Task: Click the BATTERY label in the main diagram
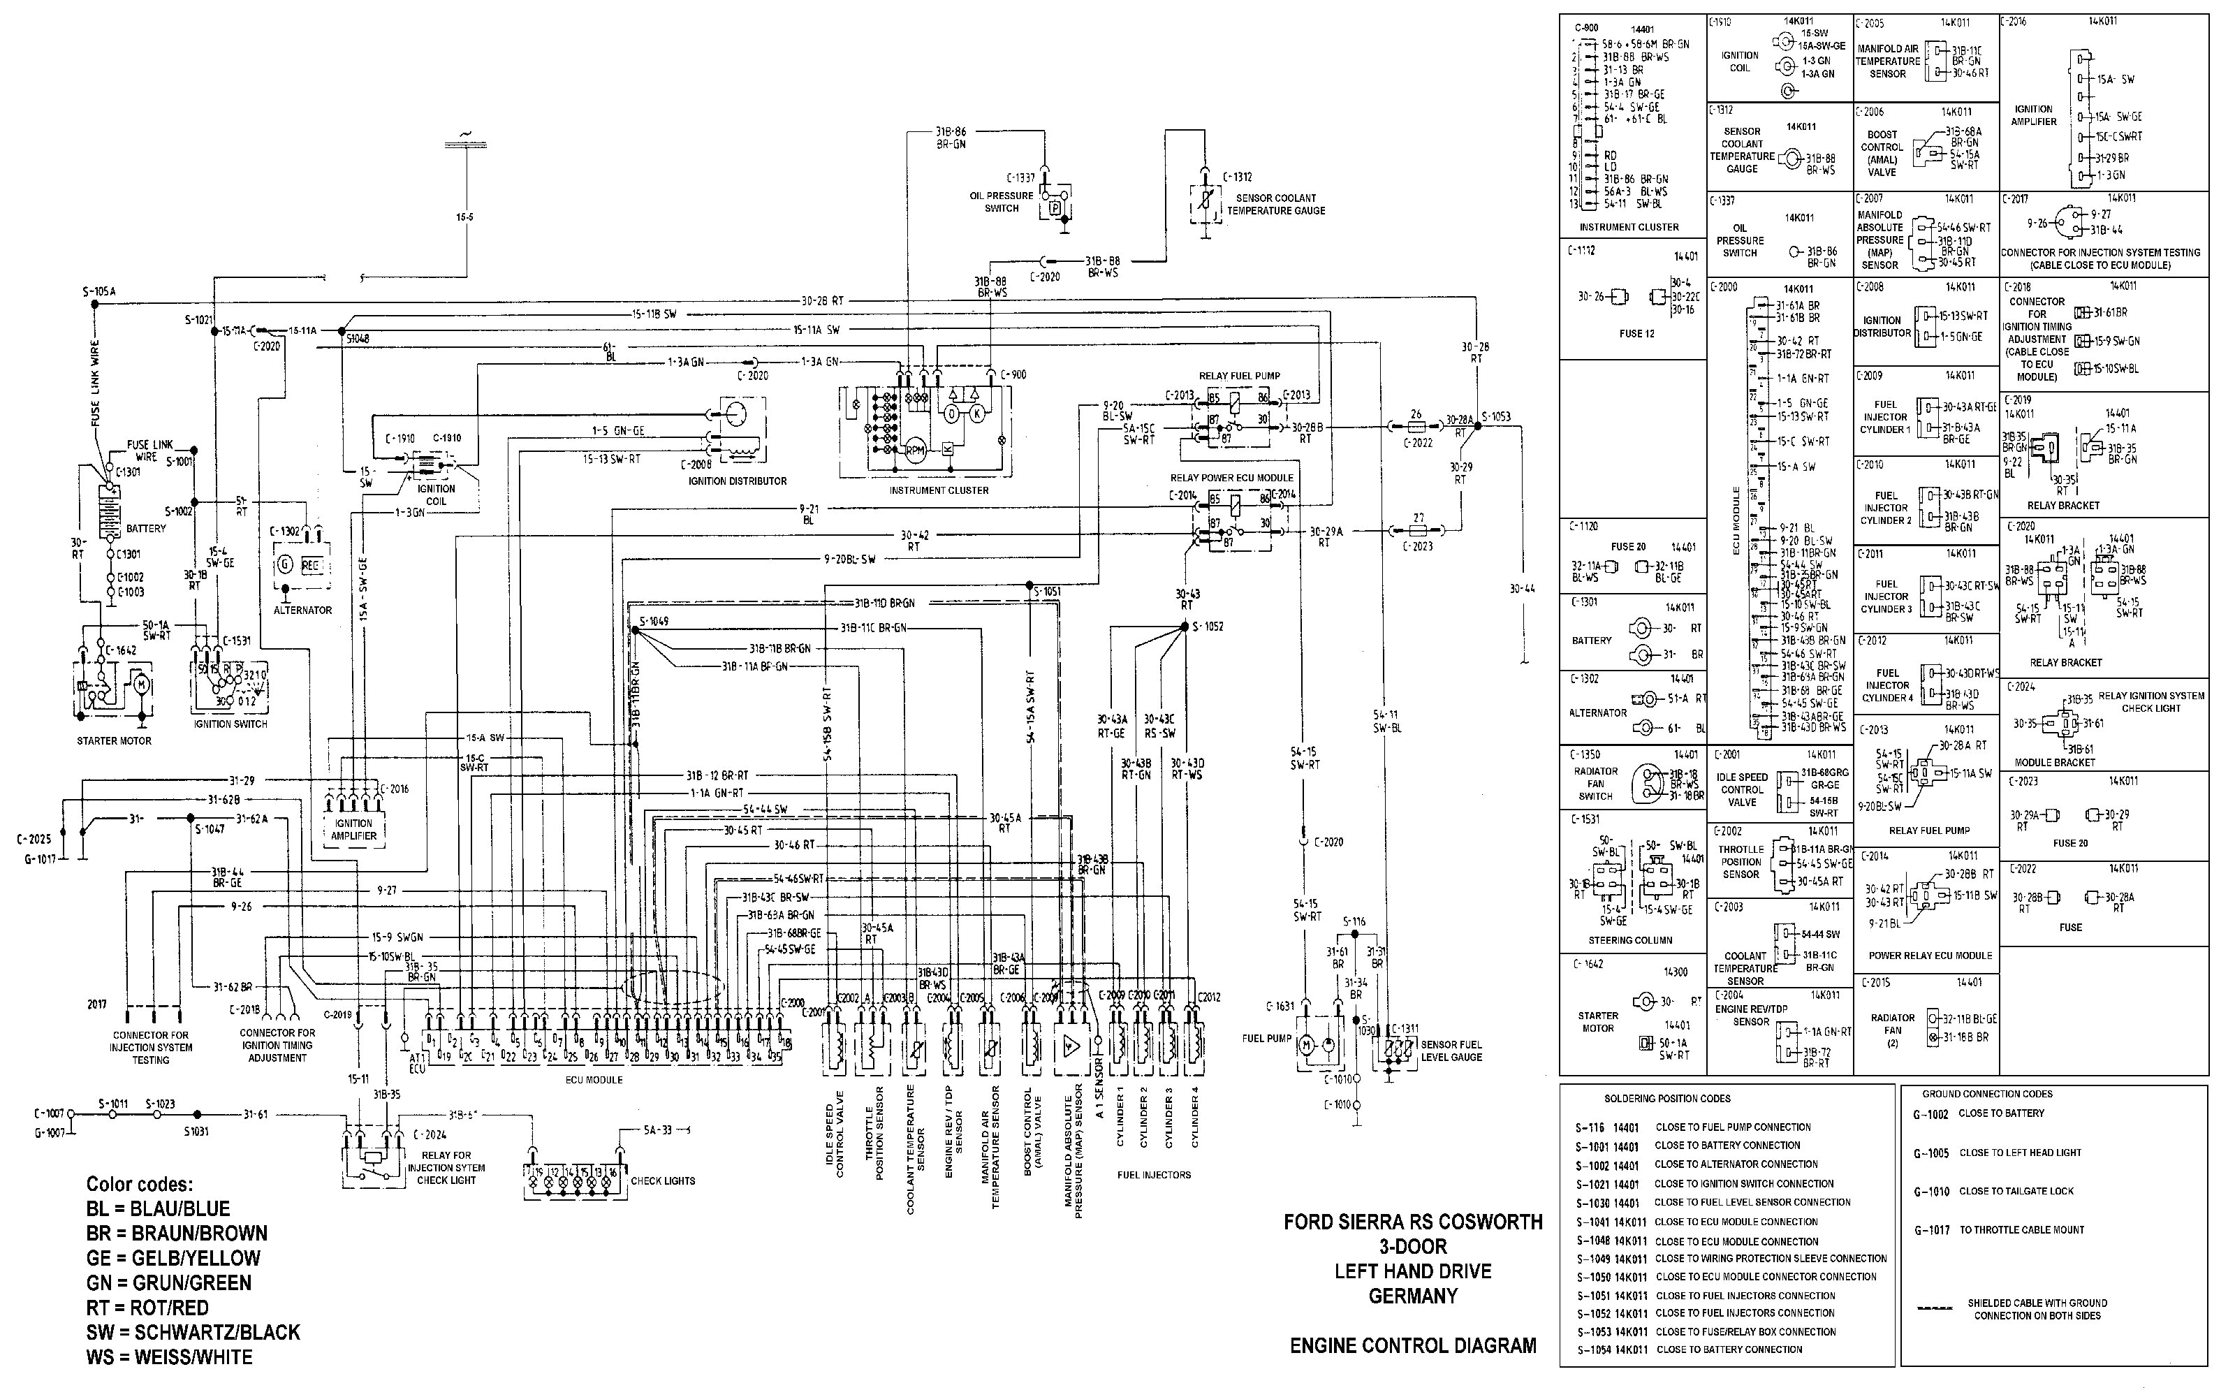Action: (x=146, y=529)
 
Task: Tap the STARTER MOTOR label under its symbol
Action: (x=114, y=741)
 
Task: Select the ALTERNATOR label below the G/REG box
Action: (x=302, y=610)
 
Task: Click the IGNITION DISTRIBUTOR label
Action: (x=737, y=481)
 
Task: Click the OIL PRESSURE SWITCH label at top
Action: (x=1001, y=201)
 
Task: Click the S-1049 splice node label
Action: (x=653, y=622)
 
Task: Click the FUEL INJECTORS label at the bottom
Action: (x=1154, y=1176)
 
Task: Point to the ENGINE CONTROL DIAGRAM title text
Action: (x=1413, y=1346)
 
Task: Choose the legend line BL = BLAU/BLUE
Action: (x=158, y=1208)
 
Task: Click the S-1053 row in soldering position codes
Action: (x=1705, y=1331)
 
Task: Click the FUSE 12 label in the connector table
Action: (x=1636, y=334)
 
